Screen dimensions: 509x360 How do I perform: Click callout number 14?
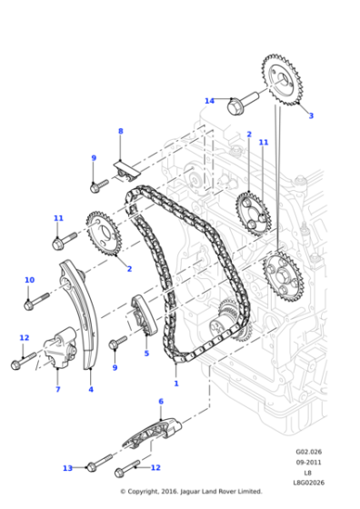click(209, 101)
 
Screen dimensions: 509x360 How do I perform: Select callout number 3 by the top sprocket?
click(310, 115)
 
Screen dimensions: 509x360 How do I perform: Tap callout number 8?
click(120, 132)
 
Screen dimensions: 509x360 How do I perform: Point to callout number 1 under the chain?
click(175, 384)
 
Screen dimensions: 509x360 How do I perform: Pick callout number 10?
click(29, 280)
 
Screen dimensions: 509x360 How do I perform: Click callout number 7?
click(57, 390)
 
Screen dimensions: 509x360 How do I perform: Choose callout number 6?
click(161, 401)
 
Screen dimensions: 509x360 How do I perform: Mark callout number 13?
click(67, 468)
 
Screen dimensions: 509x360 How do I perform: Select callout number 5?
click(145, 354)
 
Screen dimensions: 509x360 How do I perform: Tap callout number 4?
click(90, 390)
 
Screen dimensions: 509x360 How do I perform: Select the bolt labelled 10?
click(36, 299)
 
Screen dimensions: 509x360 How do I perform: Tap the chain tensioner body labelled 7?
click(55, 346)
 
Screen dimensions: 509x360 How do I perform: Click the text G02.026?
click(308, 452)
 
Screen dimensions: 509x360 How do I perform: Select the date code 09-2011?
click(308, 462)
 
